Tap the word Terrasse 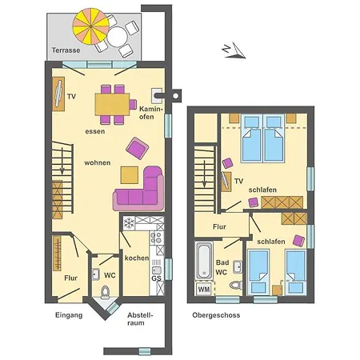tap(66, 50)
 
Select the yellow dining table tap(114, 103)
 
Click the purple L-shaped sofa tap(142, 192)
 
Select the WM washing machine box tap(203, 290)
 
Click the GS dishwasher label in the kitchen tap(156, 278)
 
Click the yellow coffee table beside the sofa tap(130, 174)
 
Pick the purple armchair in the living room tap(137, 147)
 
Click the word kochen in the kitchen tap(136, 257)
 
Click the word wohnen tap(98, 162)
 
